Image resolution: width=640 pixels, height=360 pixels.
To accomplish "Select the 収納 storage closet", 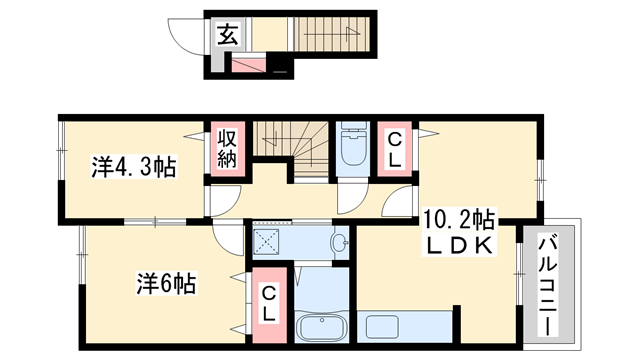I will point(225,150).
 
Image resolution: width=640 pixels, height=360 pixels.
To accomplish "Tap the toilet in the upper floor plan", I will point(352,150).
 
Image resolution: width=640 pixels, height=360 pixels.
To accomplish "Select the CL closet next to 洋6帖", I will point(268,300).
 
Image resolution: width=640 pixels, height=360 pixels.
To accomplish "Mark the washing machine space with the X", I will point(268,240).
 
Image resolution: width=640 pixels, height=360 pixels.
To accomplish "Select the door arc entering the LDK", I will point(400,203).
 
